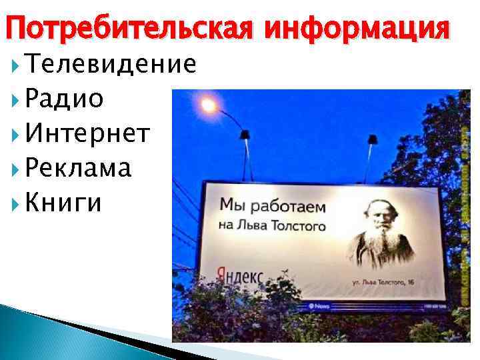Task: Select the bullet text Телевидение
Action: (111, 64)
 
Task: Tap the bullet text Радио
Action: (65, 99)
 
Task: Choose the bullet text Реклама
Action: (79, 169)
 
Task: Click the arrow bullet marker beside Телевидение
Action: (17, 65)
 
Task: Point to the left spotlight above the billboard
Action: (244, 136)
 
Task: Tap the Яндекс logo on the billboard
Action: (239, 275)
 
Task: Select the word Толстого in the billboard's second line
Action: (300, 226)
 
